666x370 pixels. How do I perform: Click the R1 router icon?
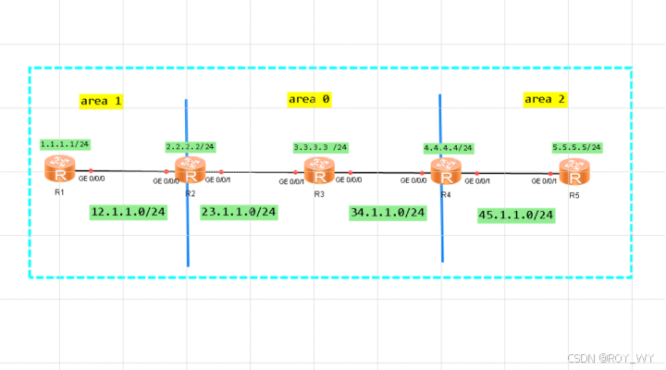[x=60, y=170]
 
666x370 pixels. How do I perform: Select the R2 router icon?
[x=189, y=170]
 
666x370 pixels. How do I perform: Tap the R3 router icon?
[x=318, y=171]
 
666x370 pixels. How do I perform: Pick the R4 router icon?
[x=445, y=171]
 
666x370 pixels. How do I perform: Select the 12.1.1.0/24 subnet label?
[x=128, y=213]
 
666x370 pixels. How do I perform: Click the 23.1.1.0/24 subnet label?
[x=240, y=212]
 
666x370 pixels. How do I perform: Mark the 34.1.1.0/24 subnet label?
[x=388, y=213]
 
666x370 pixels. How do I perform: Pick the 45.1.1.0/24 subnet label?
[x=515, y=215]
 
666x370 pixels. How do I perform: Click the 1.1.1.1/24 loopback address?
[x=64, y=145]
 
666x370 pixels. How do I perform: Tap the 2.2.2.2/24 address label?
[x=190, y=146]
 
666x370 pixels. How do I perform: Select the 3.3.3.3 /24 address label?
[x=320, y=147]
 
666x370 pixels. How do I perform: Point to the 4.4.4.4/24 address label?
[x=448, y=147]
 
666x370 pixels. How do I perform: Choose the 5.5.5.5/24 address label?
[x=576, y=146]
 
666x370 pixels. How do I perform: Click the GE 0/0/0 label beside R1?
[x=92, y=179]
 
